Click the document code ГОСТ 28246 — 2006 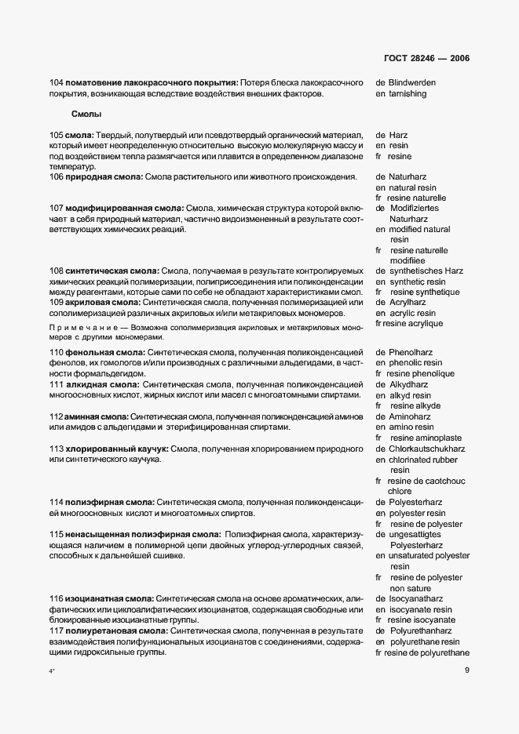coord(428,58)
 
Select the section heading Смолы coord(86,114)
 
